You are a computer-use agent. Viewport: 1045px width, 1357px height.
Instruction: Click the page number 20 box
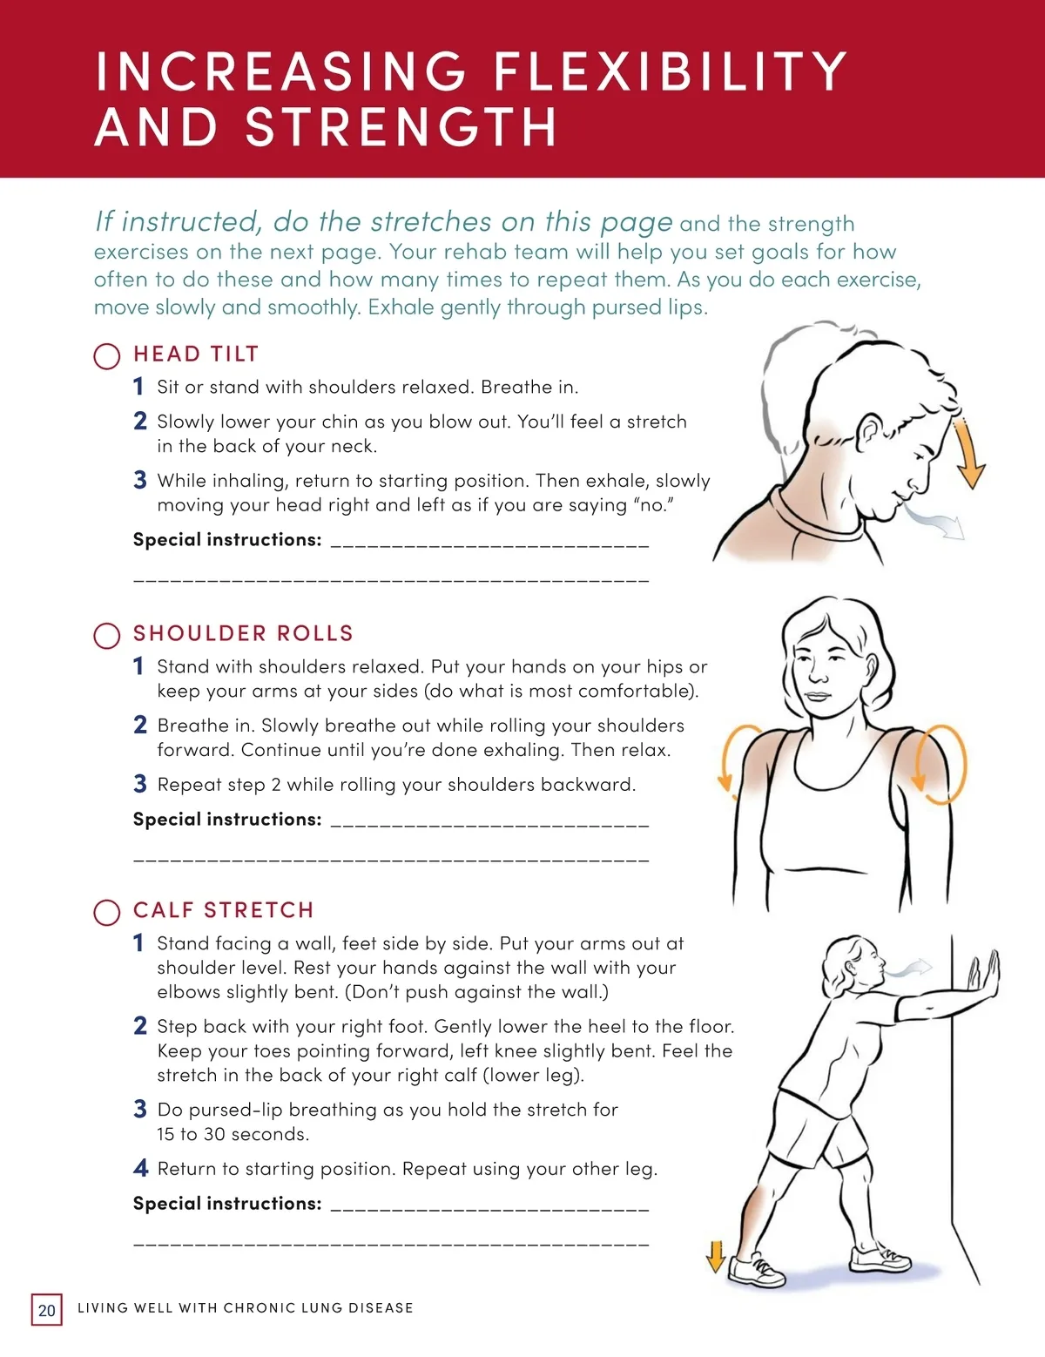(47, 1310)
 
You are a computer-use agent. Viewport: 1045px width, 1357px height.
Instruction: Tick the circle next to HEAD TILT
(107, 356)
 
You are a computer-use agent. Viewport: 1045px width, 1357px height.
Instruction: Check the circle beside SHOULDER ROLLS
(107, 636)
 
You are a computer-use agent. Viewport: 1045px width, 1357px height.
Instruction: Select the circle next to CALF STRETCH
(107, 913)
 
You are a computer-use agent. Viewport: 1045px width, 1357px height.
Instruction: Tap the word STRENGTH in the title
(400, 127)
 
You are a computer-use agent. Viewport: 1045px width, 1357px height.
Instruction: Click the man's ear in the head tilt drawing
(870, 433)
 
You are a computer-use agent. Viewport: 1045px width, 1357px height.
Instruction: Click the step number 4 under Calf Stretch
(140, 1168)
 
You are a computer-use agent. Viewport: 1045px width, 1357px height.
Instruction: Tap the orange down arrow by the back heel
(716, 1257)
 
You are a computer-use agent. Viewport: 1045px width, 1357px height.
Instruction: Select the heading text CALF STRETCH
(224, 910)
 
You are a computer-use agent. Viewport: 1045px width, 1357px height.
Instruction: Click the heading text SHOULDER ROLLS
(244, 633)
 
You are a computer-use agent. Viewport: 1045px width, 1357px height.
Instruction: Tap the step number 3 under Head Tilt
(140, 480)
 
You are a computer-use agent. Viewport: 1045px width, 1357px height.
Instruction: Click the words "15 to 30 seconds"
(233, 1133)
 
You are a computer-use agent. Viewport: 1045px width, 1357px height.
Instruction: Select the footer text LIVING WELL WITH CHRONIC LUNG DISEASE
(246, 1307)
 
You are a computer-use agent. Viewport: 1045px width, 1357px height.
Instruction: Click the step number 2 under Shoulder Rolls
(140, 725)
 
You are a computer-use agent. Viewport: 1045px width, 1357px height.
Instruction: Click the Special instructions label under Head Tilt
(227, 539)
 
